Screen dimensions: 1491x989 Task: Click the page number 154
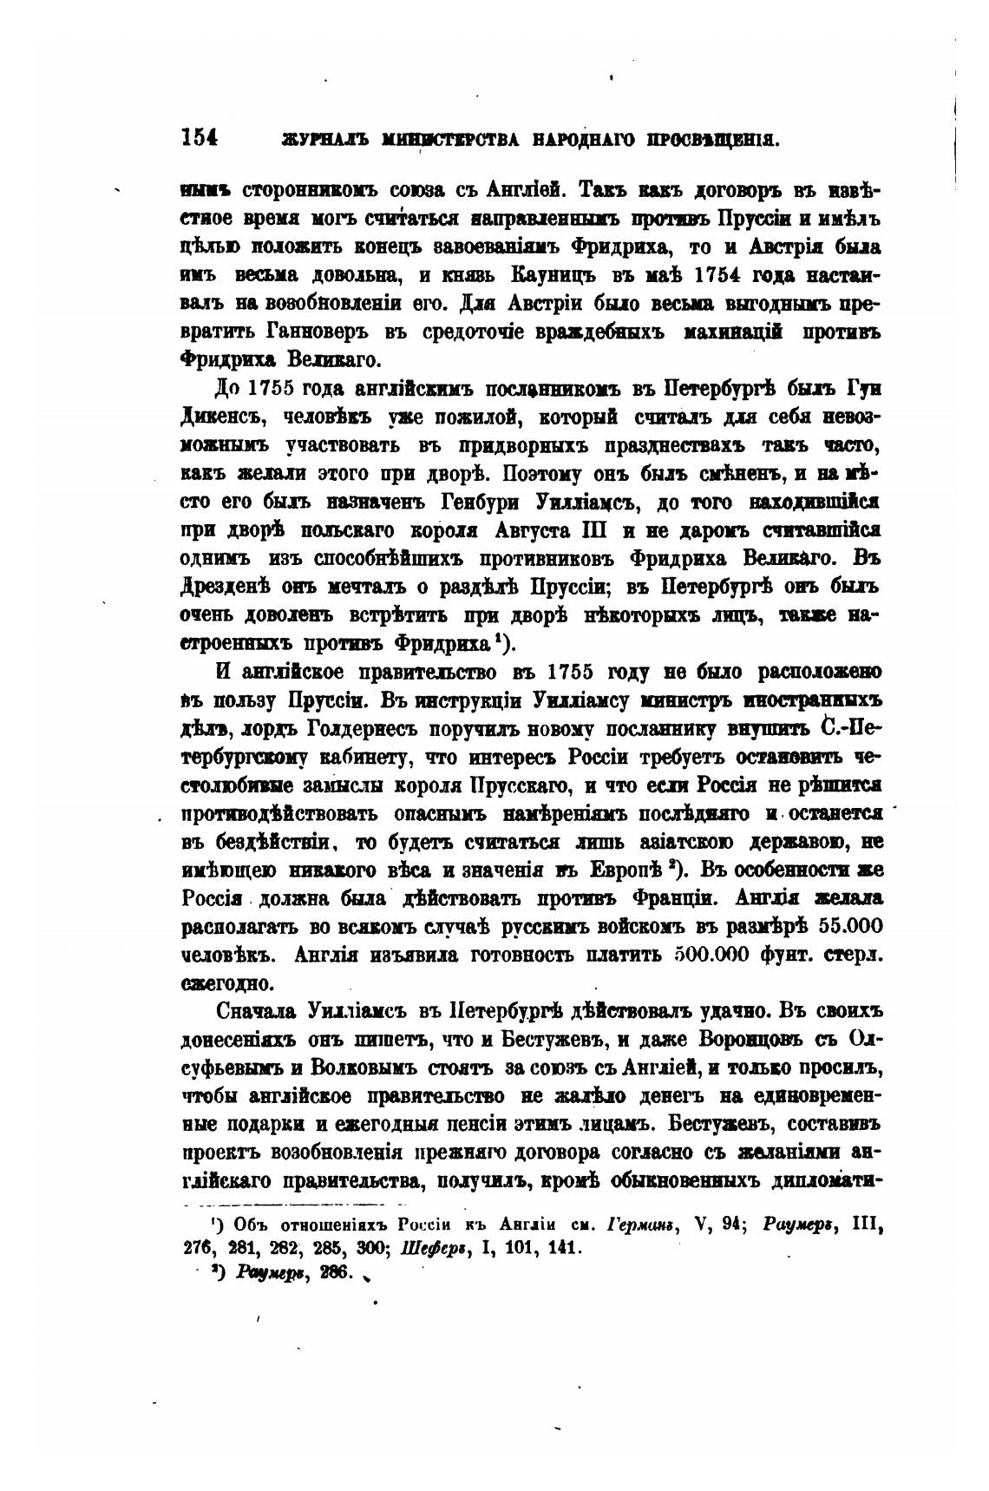pos(199,137)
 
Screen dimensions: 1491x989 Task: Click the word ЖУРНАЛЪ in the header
pos(311,139)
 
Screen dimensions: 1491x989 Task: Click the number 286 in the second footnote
pos(334,1272)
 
